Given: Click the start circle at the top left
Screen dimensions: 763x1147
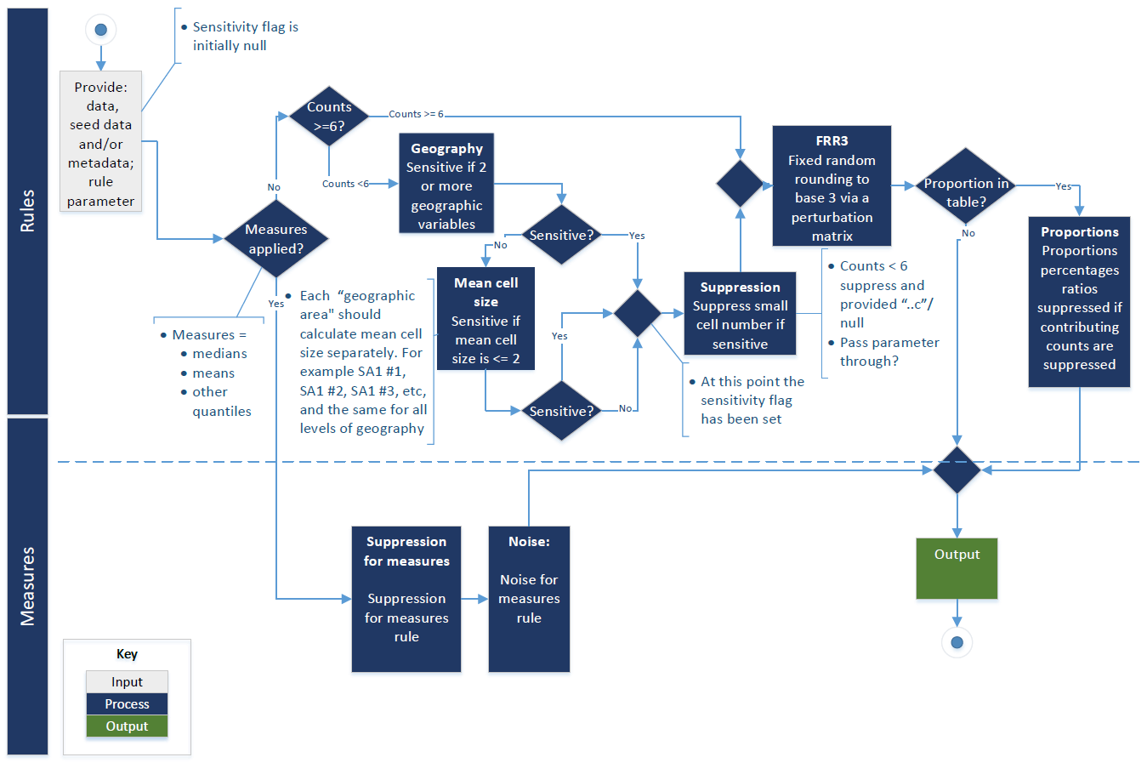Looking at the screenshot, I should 100,30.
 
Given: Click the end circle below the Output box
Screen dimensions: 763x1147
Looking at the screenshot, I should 957,642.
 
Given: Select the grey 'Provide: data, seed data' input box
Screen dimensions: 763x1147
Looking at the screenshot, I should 100,141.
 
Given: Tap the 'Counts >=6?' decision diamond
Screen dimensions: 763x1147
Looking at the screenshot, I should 329,117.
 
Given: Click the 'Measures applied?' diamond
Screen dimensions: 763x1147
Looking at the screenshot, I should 275,239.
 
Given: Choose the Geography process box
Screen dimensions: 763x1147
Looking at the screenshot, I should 446,183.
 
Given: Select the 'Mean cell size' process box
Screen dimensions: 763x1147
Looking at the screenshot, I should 485,319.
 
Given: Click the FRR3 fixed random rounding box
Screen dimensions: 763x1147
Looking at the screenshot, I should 832,186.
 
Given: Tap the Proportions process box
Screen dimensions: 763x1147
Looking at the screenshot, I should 1079,302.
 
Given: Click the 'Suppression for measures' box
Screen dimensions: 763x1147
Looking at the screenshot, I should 406,599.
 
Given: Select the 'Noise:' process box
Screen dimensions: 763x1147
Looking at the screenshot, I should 529,599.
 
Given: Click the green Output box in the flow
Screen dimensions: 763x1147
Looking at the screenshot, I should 957,568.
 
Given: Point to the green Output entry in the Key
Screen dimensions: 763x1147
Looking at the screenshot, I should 127,726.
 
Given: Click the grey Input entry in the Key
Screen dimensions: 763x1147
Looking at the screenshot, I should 127,682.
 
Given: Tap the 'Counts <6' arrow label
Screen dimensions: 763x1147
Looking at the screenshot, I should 345,184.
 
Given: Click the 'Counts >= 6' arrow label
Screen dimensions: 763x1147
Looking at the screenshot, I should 416,114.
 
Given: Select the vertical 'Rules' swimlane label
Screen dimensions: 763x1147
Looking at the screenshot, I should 27,211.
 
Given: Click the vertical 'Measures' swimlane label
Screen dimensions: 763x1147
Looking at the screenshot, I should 27,586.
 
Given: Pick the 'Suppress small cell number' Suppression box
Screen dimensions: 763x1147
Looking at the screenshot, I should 740,314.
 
